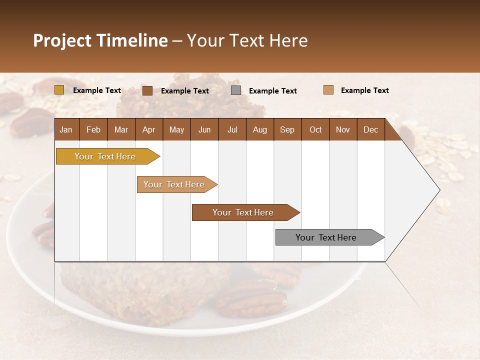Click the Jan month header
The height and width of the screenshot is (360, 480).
tap(66, 129)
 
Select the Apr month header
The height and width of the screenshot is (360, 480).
tap(148, 129)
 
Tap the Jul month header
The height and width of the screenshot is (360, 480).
tap(232, 129)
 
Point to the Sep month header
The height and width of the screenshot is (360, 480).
tap(287, 129)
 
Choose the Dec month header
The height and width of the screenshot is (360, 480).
tap(370, 129)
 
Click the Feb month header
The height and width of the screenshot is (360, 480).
tap(93, 129)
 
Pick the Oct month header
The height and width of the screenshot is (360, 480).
tap(315, 129)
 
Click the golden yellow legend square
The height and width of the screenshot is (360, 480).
tap(59, 90)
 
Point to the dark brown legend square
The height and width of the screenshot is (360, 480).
tap(147, 90)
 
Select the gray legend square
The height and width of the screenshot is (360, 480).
tap(236, 90)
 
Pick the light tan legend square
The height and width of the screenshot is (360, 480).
tap(328, 90)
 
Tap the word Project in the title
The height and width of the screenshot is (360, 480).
tap(62, 40)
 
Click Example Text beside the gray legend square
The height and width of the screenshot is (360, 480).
tap(272, 91)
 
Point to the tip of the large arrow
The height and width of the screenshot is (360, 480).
tap(438, 190)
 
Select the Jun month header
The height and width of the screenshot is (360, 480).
tap(204, 129)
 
